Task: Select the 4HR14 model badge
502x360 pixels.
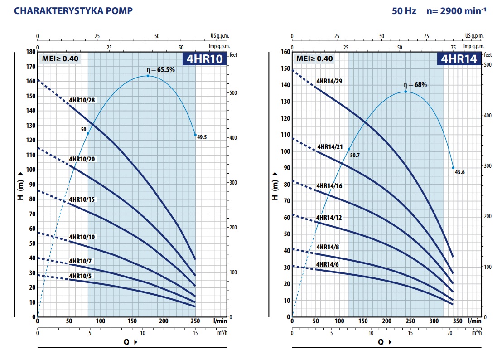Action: pyautogui.click(x=459, y=59)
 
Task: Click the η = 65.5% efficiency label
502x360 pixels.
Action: pyautogui.click(x=160, y=70)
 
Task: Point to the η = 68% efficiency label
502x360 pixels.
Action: pyautogui.click(x=415, y=85)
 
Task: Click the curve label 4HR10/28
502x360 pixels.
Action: pyautogui.click(x=82, y=100)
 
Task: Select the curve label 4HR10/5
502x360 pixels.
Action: pyautogui.click(x=80, y=276)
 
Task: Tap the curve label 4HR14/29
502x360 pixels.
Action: pyautogui.click(x=329, y=81)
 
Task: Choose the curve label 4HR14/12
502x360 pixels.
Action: pyautogui.click(x=329, y=218)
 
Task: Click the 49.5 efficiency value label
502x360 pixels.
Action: pyautogui.click(x=202, y=137)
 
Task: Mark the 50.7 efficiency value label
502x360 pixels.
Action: pyautogui.click(x=355, y=155)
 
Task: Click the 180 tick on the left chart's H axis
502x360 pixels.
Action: pyautogui.click(x=30, y=52)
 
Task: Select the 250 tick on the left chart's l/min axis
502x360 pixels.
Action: pyautogui.click(x=195, y=321)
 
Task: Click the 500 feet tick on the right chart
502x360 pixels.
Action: pyautogui.click(x=488, y=65)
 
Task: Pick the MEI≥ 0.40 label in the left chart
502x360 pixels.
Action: pyautogui.click(x=60, y=58)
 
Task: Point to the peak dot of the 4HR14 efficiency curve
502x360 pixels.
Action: pyautogui.click(x=405, y=92)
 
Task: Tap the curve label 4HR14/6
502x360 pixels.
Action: pyautogui.click(x=328, y=264)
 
